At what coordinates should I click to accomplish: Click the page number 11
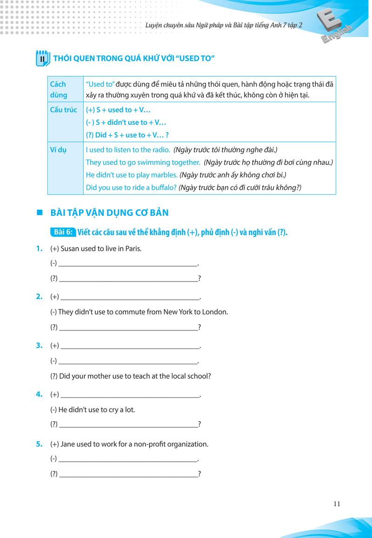click(x=337, y=504)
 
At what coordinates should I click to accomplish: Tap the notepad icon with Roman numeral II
click(x=42, y=58)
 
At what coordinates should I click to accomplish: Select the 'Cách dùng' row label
click(x=59, y=89)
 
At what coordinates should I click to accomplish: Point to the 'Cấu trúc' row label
click(x=64, y=110)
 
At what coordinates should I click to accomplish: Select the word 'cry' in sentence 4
click(x=109, y=410)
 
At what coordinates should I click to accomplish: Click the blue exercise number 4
click(x=39, y=395)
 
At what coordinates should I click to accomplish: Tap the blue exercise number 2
click(x=39, y=296)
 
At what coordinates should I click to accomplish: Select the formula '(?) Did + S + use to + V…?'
click(x=127, y=135)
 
